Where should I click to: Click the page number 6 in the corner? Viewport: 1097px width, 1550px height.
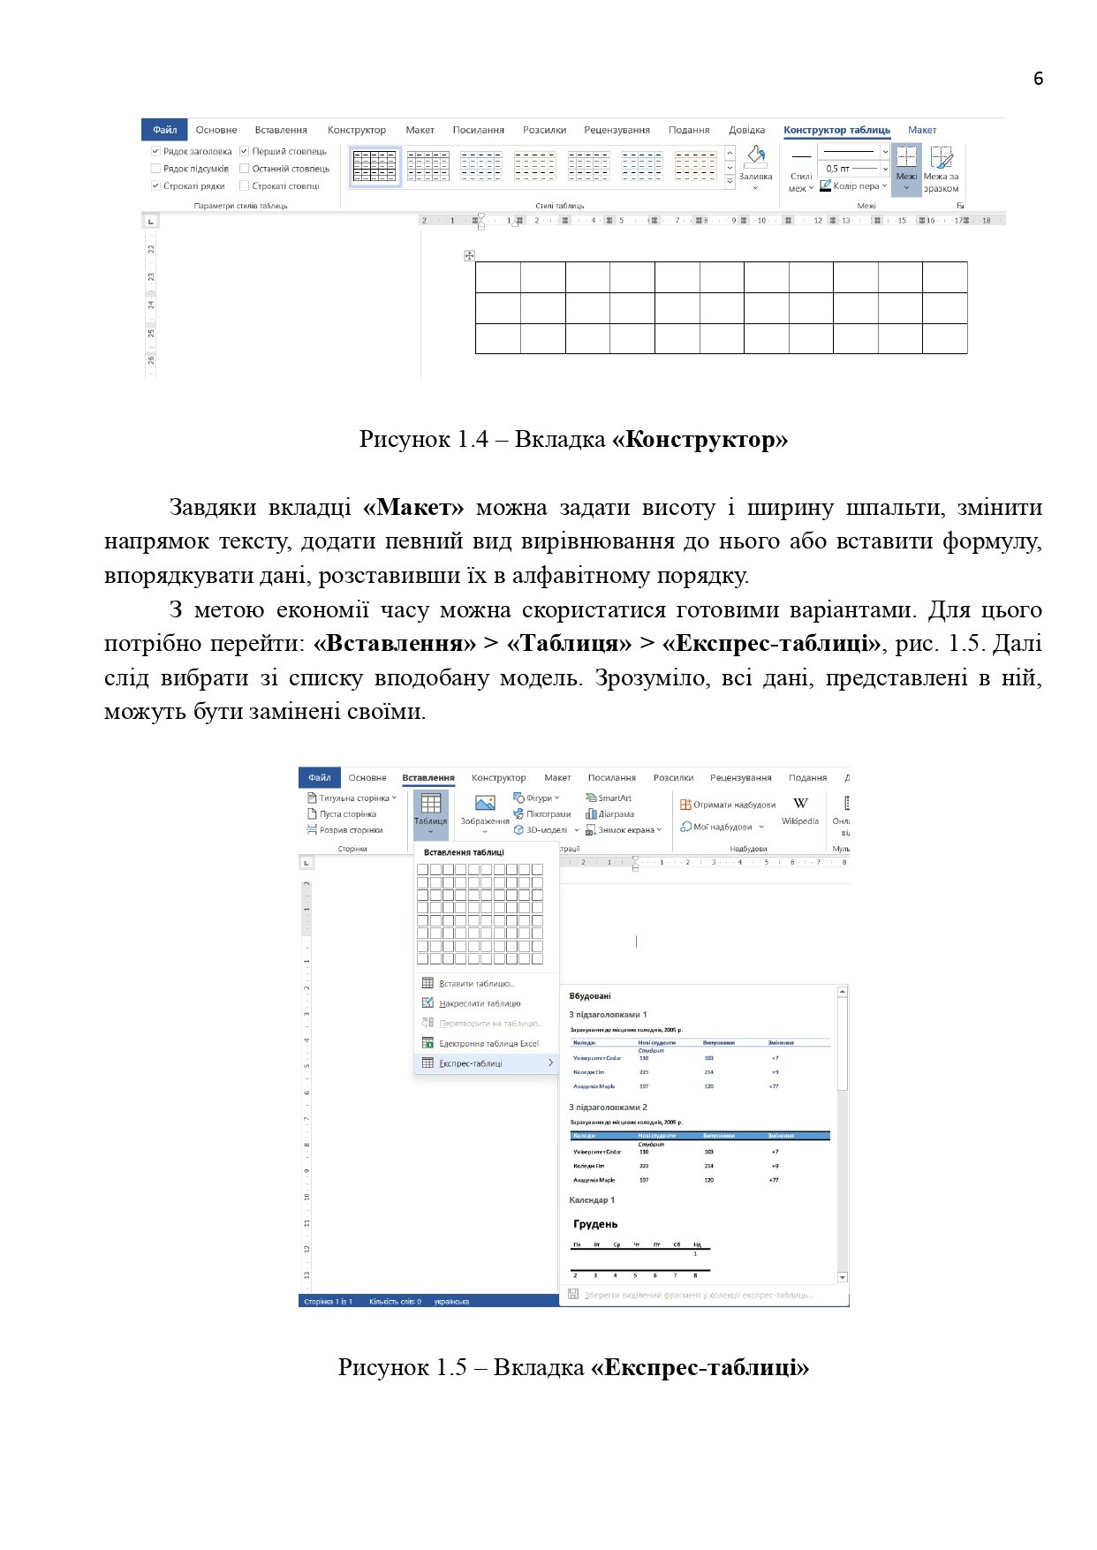click(x=1038, y=79)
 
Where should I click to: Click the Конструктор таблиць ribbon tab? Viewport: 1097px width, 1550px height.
click(x=836, y=130)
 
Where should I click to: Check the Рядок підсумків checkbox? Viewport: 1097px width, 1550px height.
click(x=156, y=169)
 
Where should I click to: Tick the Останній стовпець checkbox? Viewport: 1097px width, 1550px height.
click(x=245, y=169)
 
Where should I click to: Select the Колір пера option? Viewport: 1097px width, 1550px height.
click(x=853, y=186)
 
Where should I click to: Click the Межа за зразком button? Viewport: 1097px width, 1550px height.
click(x=941, y=169)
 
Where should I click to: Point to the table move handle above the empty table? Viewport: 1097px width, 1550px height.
click(x=469, y=256)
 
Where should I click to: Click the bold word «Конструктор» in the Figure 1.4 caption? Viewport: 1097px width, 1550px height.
click(x=700, y=439)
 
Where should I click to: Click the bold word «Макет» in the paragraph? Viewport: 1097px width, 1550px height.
click(x=413, y=508)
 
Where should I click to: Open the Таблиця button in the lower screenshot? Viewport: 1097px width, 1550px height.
click(x=431, y=813)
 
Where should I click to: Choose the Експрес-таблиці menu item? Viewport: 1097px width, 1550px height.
click(x=471, y=1063)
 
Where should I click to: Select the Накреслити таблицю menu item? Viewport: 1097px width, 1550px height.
click(x=480, y=1003)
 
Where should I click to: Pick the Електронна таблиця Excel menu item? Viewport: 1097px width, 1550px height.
click(x=488, y=1043)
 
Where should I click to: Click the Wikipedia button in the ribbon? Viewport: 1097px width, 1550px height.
click(x=800, y=811)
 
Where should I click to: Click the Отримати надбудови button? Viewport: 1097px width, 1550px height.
click(x=729, y=805)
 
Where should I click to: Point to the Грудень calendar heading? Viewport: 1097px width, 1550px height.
click(x=595, y=1224)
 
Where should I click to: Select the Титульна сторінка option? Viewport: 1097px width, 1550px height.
click(x=353, y=798)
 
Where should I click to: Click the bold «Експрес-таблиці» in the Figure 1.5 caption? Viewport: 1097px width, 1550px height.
click(x=700, y=1367)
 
